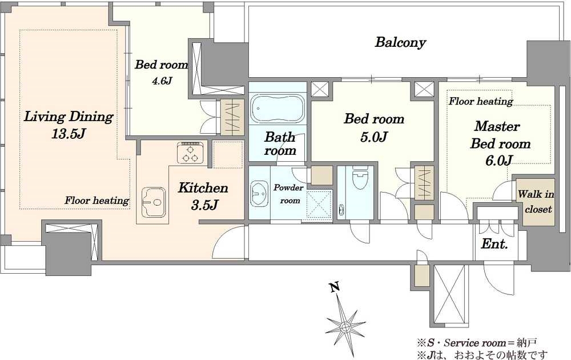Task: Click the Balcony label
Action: point(400,42)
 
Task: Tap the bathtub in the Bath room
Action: point(278,108)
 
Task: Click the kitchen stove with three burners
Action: point(190,153)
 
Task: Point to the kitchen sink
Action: point(153,202)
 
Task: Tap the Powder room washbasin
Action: point(259,193)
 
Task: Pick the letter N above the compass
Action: point(335,287)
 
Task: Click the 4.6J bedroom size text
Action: point(162,81)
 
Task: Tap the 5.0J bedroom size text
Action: point(373,137)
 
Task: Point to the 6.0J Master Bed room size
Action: point(499,161)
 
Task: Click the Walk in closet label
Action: point(536,202)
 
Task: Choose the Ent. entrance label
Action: point(494,244)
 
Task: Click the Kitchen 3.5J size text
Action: point(204,206)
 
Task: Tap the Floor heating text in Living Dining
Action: point(97,201)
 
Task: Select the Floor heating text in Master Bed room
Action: point(481,101)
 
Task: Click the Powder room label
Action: point(288,194)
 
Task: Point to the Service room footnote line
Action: point(477,342)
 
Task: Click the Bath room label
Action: point(280,143)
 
